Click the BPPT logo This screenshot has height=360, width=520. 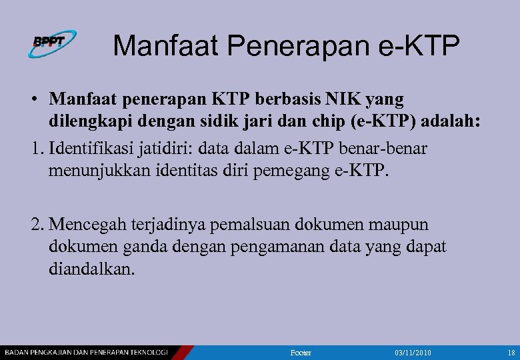[52, 43]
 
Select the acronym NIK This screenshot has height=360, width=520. [342, 99]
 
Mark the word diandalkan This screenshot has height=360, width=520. [91, 270]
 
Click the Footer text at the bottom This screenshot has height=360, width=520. [301, 352]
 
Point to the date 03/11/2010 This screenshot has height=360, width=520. [413, 352]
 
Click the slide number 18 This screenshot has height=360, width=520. [511, 352]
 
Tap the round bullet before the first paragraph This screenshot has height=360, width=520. [33, 100]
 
